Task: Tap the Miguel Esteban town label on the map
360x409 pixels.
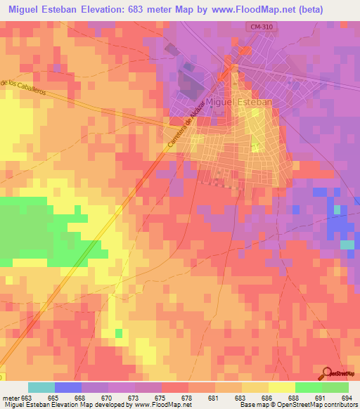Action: click(239, 103)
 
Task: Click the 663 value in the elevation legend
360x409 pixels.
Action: click(26, 397)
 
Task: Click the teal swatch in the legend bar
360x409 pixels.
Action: click(41, 387)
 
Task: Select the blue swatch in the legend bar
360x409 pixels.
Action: click(68, 387)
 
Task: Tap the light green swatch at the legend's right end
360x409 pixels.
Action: click(335, 387)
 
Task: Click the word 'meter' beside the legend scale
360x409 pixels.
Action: click(10, 397)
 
